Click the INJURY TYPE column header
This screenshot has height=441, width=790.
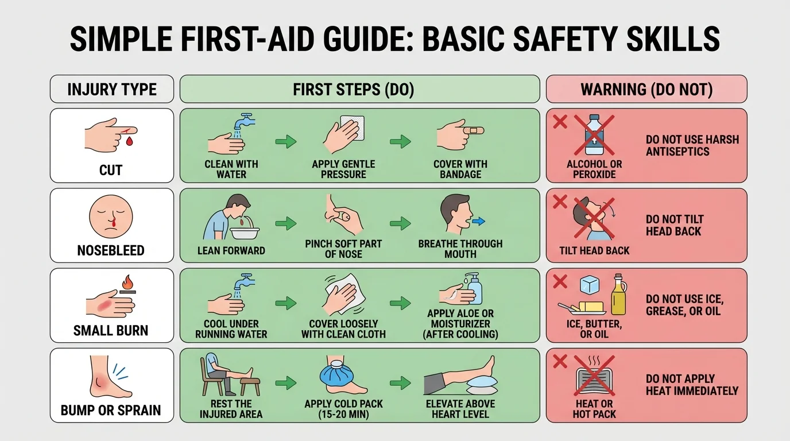click(111, 90)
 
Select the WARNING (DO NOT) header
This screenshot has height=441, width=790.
click(646, 90)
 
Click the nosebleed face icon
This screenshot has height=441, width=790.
click(111, 218)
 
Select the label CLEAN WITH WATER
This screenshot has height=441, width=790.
click(231, 169)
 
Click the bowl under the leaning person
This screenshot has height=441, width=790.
click(245, 233)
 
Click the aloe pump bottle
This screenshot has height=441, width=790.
click(474, 288)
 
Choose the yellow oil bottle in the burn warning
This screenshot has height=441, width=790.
click(618, 295)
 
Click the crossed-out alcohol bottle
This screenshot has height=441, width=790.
click(594, 136)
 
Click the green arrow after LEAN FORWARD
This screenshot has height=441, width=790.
click(286, 223)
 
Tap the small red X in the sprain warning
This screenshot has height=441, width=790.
click(559, 361)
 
